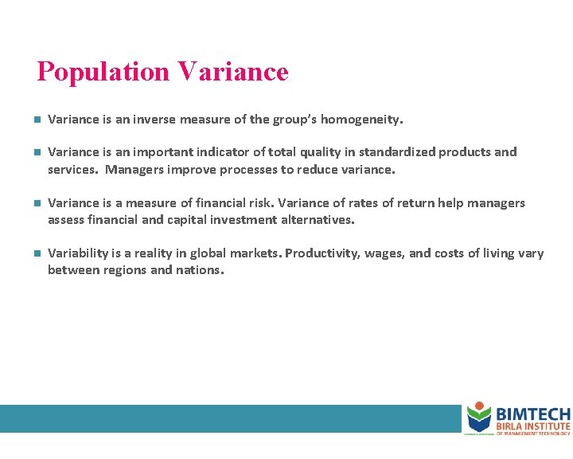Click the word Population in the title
(103, 73)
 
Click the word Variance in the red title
(233, 73)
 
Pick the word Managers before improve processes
(134, 170)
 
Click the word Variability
(77, 253)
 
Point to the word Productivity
(321, 253)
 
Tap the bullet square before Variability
(37, 254)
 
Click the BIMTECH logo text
(532, 414)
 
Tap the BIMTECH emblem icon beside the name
(479, 418)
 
